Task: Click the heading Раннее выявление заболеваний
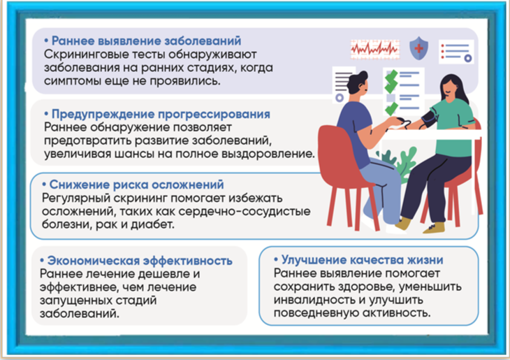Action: point(147,41)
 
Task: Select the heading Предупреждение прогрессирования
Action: point(161,114)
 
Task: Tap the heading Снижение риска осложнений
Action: point(136,185)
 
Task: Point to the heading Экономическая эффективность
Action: point(140,261)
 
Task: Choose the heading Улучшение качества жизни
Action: point(362,260)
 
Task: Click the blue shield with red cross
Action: point(418,48)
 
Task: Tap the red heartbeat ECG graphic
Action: point(374,49)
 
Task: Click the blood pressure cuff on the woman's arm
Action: point(428,120)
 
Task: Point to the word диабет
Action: point(152,224)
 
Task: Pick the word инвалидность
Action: point(314,299)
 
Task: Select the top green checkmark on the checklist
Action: point(391,77)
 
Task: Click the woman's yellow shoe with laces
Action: point(435,227)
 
